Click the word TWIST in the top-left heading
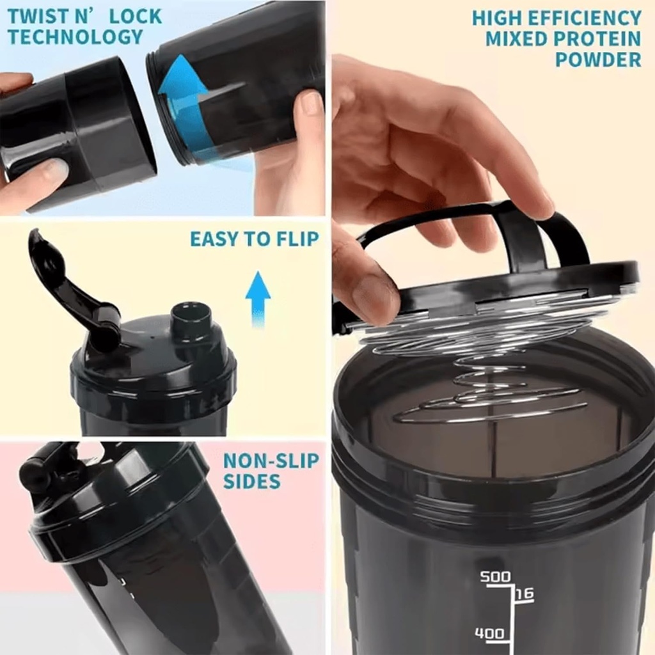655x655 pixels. pyautogui.click(x=40, y=16)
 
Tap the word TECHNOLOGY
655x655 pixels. pyautogui.click(x=76, y=36)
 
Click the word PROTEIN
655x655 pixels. pyautogui.click(x=599, y=38)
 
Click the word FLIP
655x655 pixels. pyautogui.click(x=296, y=239)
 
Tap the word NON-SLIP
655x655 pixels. pyautogui.click(x=271, y=461)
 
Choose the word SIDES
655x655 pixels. pyautogui.click(x=251, y=481)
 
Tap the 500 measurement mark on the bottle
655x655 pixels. pyautogui.click(x=496, y=577)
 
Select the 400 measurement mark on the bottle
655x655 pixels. pyautogui.click(x=489, y=635)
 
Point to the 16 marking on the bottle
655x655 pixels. pyautogui.click(x=525, y=594)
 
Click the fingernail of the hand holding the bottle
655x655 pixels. pyautogui.click(x=312, y=102)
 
